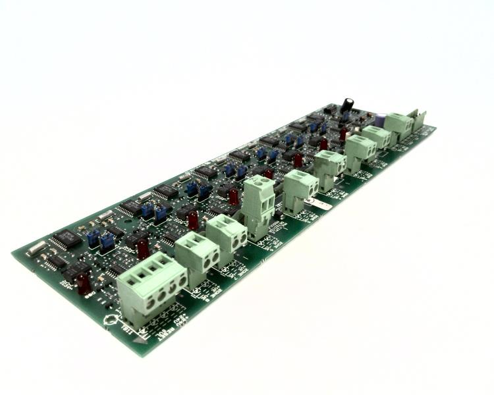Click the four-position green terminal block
click(x=151, y=289)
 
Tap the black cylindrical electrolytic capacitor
click(x=347, y=105)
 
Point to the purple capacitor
click(x=380, y=120)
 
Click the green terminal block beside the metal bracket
click(x=398, y=124)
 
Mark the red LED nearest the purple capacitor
click(x=343, y=134)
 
